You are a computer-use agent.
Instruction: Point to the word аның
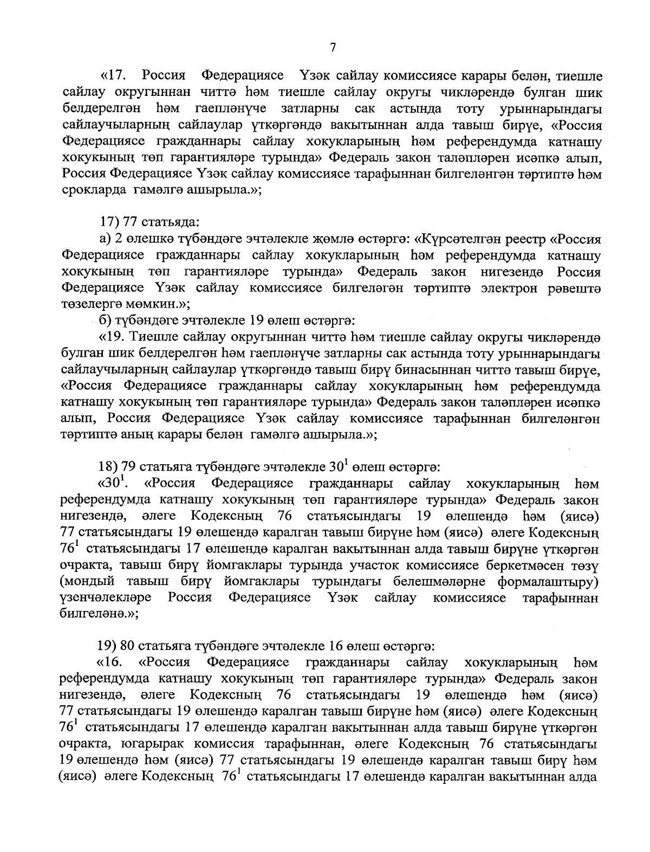[x=140, y=434]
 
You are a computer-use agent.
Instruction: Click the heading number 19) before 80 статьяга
[x=106, y=646]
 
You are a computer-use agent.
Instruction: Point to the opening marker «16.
[x=109, y=662]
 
